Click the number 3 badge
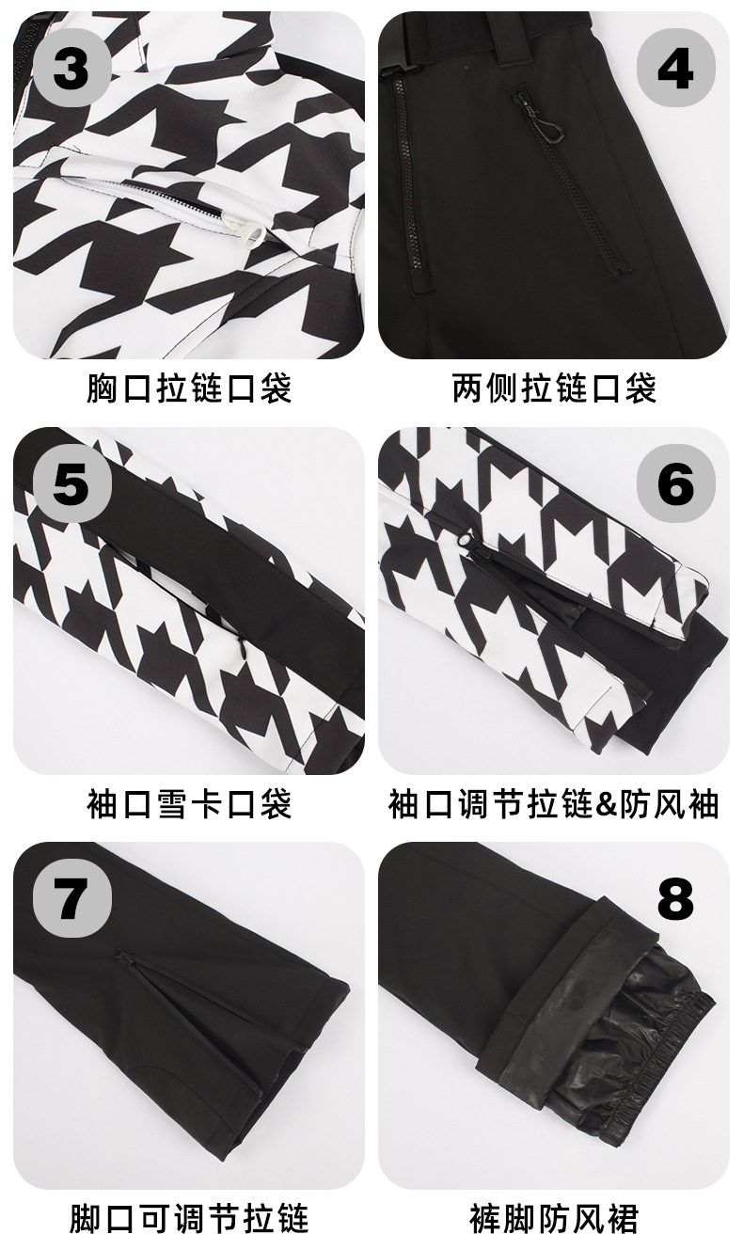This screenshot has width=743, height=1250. pos(72,70)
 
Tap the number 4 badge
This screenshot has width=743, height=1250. pos(675,70)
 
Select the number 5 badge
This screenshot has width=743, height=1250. pos(72,483)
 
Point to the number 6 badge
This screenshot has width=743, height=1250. pos(675,483)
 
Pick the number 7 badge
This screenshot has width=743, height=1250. pos(72,899)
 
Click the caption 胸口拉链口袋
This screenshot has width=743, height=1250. pos(189,388)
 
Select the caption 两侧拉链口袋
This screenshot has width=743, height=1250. pos(554,388)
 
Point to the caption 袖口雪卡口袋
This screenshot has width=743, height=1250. pos(189,803)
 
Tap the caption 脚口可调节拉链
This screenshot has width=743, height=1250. pos(189,1218)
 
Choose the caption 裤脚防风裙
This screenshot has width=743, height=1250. pos(554,1218)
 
